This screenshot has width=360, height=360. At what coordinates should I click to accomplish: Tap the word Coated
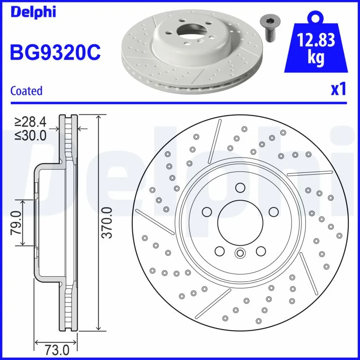(26, 90)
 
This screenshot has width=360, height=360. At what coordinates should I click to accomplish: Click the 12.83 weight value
(316, 41)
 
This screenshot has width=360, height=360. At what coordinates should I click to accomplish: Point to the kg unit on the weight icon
(316, 58)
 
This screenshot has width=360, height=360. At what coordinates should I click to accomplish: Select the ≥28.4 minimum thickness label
(30, 121)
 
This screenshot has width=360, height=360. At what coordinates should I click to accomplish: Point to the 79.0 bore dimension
(16, 222)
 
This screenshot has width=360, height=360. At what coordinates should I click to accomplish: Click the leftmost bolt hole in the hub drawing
(207, 211)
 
